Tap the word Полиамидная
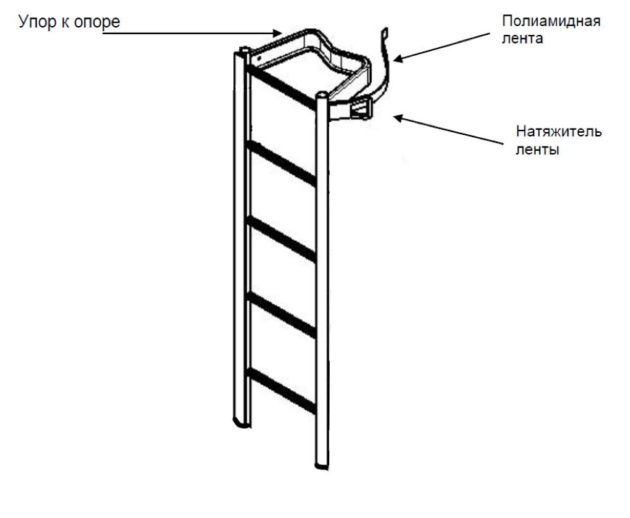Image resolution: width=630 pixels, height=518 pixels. pos(551,20)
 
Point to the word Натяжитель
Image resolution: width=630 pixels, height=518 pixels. pos(559,133)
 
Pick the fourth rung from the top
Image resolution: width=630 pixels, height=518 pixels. pos(283,314)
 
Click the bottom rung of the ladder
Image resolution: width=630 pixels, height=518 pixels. pos(283,390)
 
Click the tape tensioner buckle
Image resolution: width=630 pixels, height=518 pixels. pos(360,109)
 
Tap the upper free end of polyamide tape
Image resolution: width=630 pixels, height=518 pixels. pos(386,33)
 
